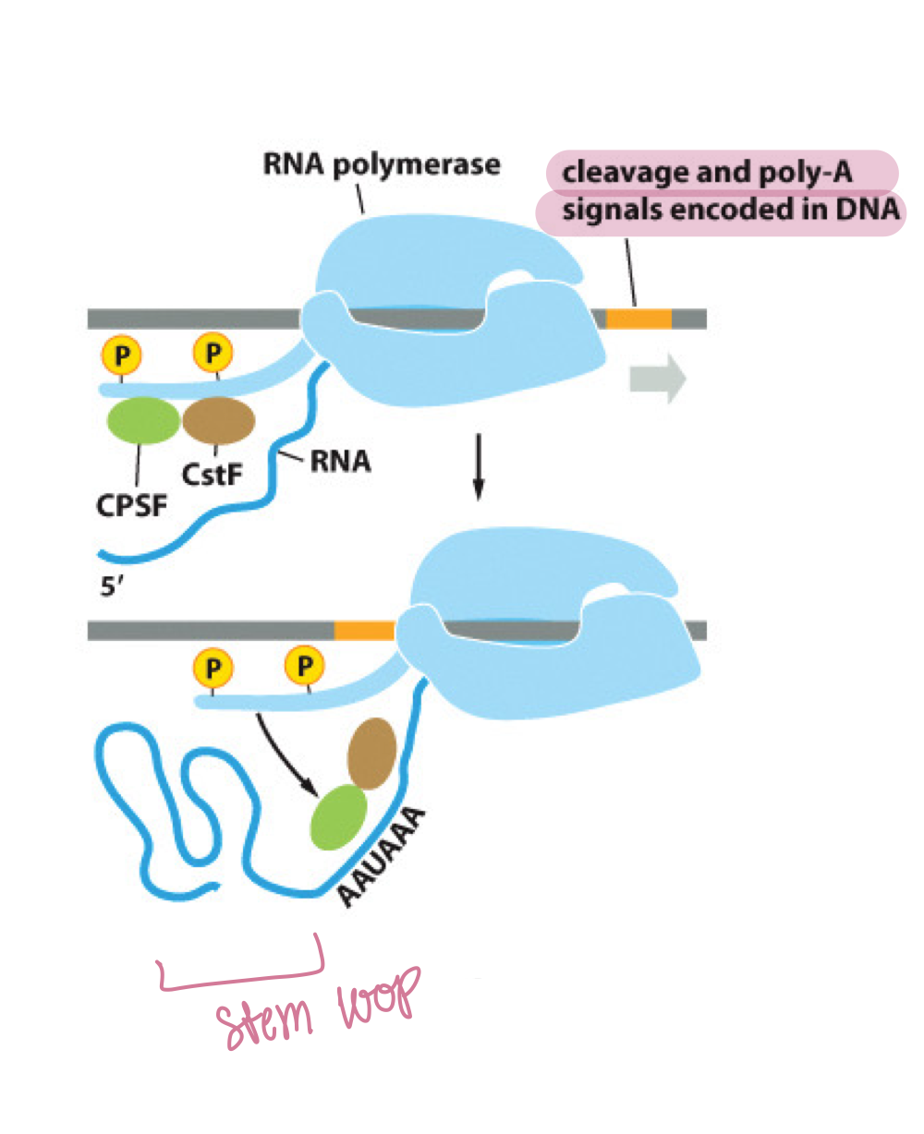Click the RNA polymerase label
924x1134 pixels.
click(x=382, y=165)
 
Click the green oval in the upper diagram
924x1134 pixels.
click(x=143, y=421)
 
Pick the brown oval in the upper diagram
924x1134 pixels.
click(x=219, y=421)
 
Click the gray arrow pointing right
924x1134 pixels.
click(x=657, y=380)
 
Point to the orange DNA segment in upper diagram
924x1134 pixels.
click(x=638, y=319)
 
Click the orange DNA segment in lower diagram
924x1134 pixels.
click(x=363, y=631)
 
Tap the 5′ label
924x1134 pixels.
click(x=112, y=586)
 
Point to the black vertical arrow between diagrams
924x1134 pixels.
click(x=478, y=466)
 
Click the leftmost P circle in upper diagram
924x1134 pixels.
click(x=120, y=354)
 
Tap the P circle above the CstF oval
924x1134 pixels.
click(x=213, y=354)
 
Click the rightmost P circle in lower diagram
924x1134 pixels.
click(x=305, y=666)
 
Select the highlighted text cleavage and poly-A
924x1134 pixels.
click(x=707, y=173)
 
